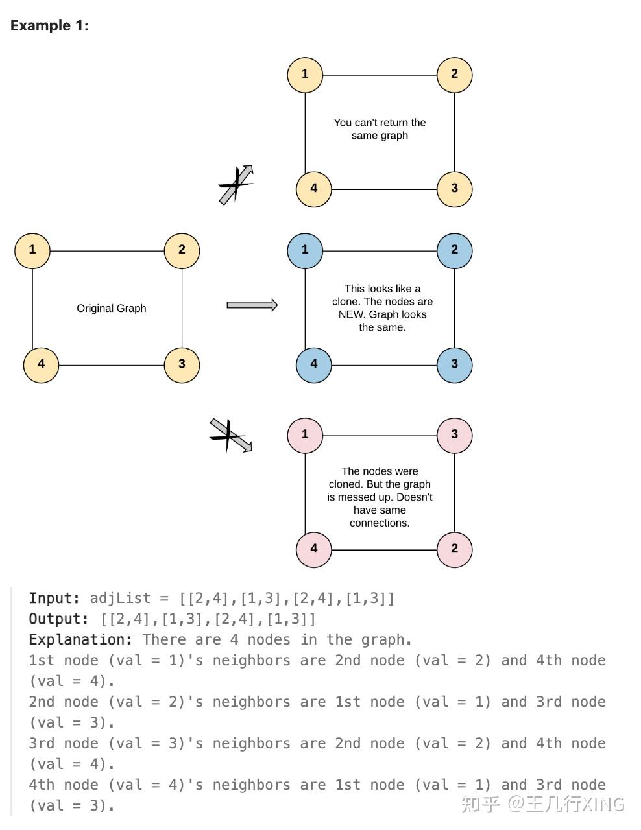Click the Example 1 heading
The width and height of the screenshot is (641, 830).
click(49, 26)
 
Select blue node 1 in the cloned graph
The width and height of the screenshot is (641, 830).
click(305, 250)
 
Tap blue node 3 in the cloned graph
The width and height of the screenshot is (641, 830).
click(454, 364)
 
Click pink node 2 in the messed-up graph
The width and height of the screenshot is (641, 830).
click(454, 549)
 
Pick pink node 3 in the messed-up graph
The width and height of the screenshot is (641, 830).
click(454, 434)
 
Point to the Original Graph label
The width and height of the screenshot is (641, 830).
click(112, 309)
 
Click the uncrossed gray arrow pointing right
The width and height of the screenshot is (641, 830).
click(252, 305)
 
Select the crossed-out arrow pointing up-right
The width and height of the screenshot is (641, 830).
click(236, 185)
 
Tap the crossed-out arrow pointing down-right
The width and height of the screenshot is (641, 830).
click(231, 435)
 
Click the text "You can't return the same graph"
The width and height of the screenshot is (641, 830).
click(380, 129)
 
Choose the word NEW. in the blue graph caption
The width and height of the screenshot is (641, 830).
click(351, 314)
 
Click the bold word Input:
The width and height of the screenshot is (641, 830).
click(54, 599)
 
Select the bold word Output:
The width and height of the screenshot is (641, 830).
click(58, 619)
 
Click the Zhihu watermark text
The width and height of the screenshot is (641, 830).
click(542, 804)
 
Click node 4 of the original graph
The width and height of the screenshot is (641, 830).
click(41, 364)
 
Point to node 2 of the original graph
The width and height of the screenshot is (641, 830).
click(182, 250)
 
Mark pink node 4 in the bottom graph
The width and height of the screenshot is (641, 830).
click(314, 549)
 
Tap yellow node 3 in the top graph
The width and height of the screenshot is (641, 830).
click(454, 189)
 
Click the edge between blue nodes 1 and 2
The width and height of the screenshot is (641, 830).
click(380, 251)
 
